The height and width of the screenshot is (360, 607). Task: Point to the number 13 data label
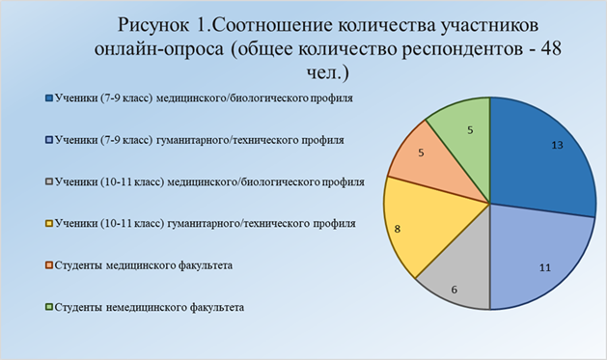[x=557, y=145]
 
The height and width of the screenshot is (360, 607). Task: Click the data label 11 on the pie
[x=545, y=267]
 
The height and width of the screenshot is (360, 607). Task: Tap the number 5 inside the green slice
[x=470, y=130]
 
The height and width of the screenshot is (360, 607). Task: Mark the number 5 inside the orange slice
[x=421, y=152]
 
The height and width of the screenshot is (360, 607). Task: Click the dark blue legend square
[x=49, y=97]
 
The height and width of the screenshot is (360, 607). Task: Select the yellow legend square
[x=49, y=223]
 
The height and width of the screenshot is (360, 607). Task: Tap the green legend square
[x=49, y=307]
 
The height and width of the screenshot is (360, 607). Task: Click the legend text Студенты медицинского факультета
[x=144, y=265]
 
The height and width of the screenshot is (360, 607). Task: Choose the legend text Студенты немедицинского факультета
[x=150, y=307]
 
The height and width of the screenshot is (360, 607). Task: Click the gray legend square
[x=49, y=181]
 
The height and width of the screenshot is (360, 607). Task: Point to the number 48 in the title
[x=551, y=49]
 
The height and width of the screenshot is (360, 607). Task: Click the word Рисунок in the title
[x=153, y=25]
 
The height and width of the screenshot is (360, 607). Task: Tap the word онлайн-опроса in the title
[x=159, y=50]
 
